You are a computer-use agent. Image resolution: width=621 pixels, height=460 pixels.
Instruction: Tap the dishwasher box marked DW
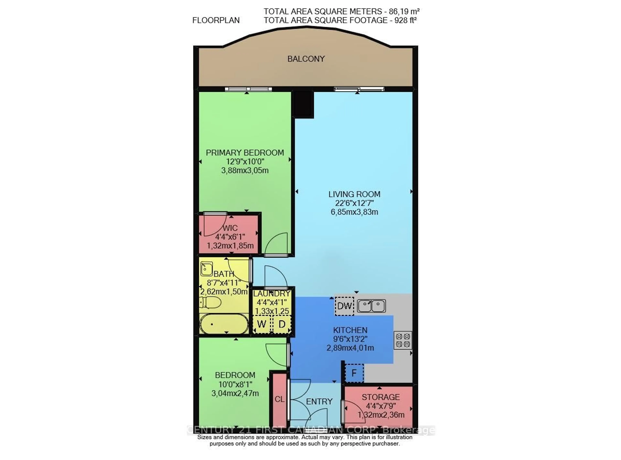(x=344, y=306)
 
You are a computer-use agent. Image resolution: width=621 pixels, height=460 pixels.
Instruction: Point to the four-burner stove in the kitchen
(x=403, y=340)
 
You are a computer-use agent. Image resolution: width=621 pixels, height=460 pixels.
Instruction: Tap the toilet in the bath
(x=210, y=302)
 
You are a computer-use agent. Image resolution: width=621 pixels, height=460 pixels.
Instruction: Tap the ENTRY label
(x=319, y=401)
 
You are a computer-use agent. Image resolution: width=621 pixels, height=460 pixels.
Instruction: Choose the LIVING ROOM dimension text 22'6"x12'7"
(x=354, y=203)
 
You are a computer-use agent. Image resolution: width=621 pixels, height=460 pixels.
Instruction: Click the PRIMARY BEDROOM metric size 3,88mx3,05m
(x=245, y=170)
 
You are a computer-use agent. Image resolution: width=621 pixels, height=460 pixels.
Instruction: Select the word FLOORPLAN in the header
(x=216, y=20)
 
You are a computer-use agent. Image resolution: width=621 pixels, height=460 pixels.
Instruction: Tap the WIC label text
(x=230, y=228)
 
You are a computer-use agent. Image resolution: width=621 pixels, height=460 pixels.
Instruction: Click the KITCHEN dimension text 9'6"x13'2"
(x=350, y=339)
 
